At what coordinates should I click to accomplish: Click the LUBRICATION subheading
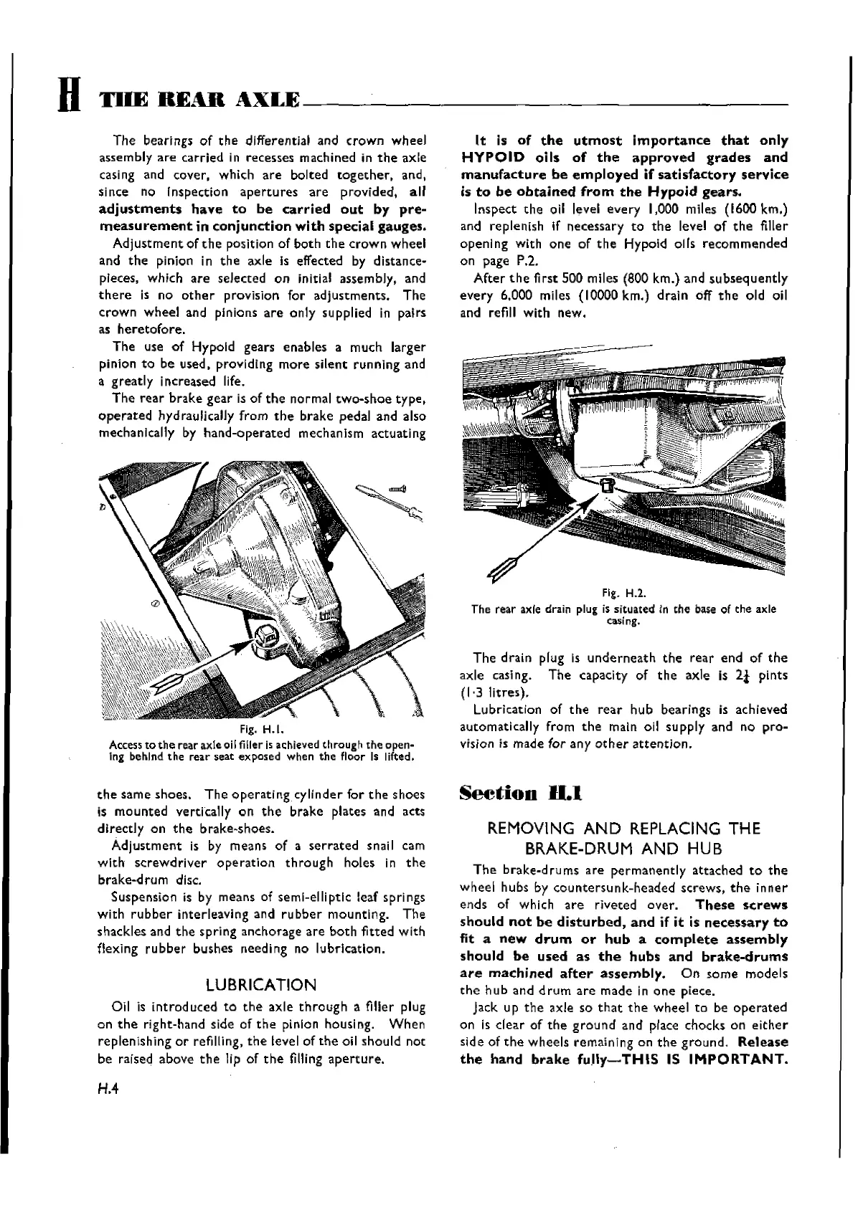(260, 985)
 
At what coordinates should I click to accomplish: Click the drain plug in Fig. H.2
(606, 485)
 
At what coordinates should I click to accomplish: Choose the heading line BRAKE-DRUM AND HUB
(623, 849)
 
